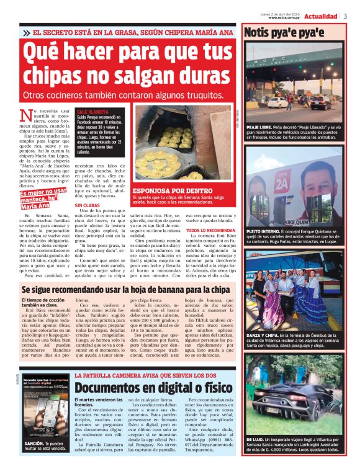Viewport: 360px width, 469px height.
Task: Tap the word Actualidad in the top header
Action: click(321, 16)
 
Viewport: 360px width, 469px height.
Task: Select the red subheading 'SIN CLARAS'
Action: click(87, 205)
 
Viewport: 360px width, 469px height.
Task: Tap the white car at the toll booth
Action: click(276, 102)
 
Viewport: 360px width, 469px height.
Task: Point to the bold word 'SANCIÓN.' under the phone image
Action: click(34, 444)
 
